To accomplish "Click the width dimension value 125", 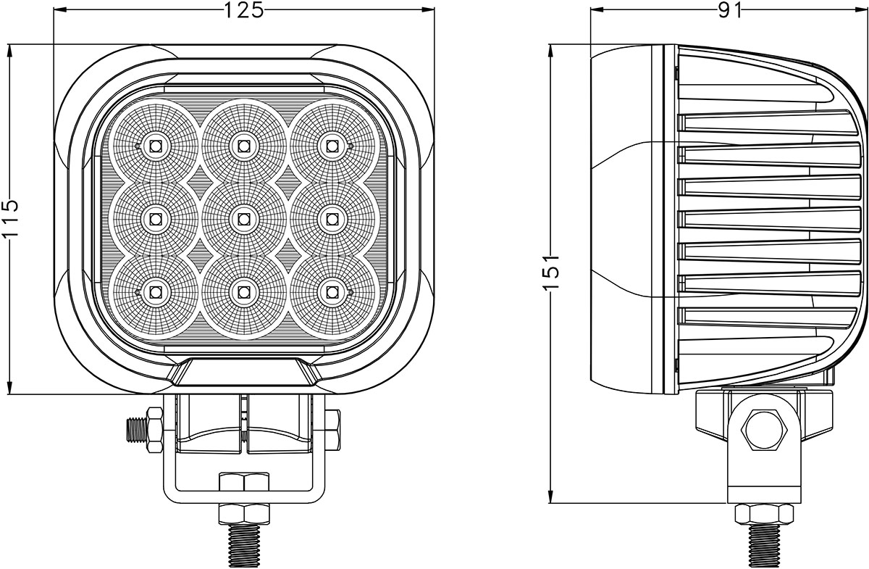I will [x=243, y=10].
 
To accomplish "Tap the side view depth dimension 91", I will [x=730, y=10].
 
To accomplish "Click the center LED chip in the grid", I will [x=243, y=218].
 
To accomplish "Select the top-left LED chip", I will [x=155, y=146].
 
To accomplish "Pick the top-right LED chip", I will [x=332, y=146].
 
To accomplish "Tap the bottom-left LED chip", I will [x=155, y=292].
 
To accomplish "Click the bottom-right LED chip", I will [x=332, y=292].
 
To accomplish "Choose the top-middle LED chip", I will [x=243, y=146].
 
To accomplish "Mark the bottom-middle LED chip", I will [x=243, y=292].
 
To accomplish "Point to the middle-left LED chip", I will [x=155, y=218].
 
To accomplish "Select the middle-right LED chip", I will [x=332, y=218].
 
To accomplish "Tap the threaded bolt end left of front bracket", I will [x=135, y=431].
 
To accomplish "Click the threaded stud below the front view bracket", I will [x=245, y=545].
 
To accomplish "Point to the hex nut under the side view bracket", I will [x=765, y=513].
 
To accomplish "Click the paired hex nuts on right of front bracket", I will [x=332, y=430].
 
